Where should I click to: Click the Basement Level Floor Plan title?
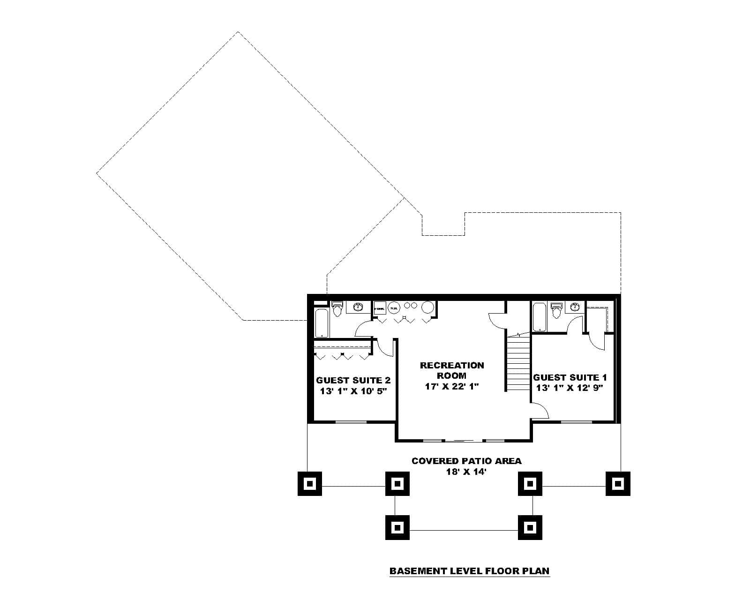tap(469, 571)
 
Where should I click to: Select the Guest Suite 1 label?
tap(570, 377)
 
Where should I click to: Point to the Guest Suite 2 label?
tap(353, 380)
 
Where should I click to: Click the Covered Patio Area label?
tap(466, 461)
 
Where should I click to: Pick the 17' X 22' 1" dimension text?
tap(452, 387)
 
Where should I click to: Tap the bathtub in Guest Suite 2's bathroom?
tap(322, 322)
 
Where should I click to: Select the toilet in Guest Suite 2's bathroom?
tap(337, 309)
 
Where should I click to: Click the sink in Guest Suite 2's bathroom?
tap(358, 307)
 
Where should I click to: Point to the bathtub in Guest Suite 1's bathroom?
tap(539, 317)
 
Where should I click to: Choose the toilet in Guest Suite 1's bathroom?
tap(556, 310)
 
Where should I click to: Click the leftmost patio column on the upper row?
tap(310, 483)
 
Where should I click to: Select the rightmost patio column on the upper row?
tap(618, 483)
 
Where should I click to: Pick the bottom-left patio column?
tap(397, 527)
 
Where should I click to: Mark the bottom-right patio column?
tap(530, 527)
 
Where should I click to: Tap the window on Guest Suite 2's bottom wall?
tap(351, 422)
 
